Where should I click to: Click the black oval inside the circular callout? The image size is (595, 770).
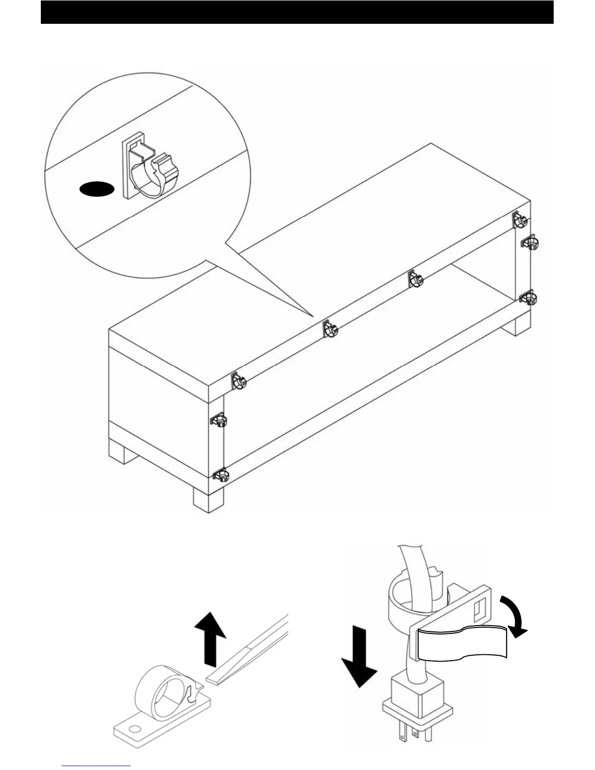(97, 190)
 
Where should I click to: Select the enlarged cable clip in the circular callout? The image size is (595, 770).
(148, 170)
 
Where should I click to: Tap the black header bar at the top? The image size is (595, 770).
(297, 12)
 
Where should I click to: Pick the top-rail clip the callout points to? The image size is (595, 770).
(330, 329)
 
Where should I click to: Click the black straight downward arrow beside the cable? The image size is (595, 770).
(359, 659)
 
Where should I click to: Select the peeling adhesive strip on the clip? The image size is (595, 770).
(462, 644)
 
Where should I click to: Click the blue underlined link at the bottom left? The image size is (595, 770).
(97, 766)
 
